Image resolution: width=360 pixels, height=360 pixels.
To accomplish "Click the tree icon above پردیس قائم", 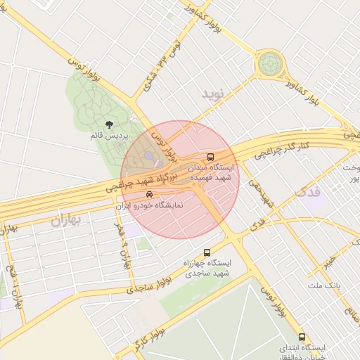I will click(108, 124).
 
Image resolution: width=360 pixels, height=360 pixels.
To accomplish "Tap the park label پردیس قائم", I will click(107, 136).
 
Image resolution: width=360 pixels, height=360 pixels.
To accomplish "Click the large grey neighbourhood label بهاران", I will click(66, 221).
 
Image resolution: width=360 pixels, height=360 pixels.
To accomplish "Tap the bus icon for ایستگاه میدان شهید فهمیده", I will click(210, 157).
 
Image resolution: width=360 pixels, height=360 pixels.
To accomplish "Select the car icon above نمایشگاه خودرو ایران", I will click(148, 194).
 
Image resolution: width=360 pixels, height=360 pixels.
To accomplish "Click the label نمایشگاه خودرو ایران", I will click(149, 206).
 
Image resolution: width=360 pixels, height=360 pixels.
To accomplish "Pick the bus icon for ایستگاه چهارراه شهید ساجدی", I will click(207, 252).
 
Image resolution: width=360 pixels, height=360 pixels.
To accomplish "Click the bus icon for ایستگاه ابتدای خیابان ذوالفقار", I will click(302, 337).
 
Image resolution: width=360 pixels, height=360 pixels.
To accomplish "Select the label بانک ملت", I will click(324, 286).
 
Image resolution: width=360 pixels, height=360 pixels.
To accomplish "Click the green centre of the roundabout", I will click(269, 65).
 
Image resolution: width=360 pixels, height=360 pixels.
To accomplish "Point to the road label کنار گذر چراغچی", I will click(285, 147).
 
